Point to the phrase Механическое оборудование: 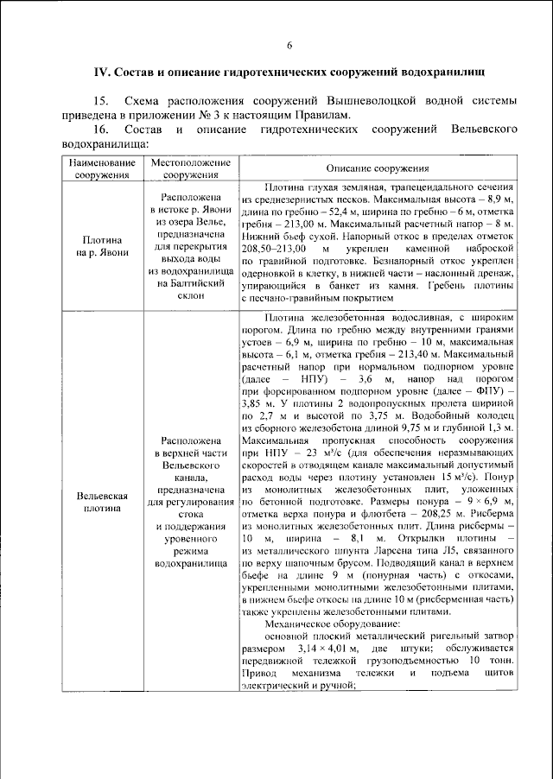pos(333,623)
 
